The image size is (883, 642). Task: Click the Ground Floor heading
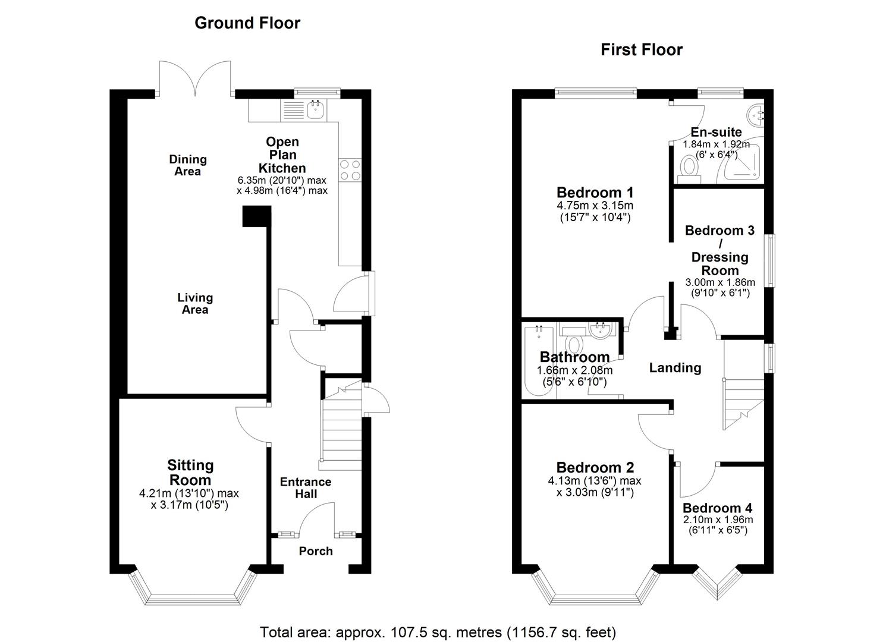pos(247,23)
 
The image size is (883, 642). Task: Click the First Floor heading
pos(641,50)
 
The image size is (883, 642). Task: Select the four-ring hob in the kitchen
pos(349,170)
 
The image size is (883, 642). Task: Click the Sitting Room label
pos(190,473)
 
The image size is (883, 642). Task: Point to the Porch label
pos(316,551)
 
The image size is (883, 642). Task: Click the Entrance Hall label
pos(306,487)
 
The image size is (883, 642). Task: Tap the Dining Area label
pos(188,165)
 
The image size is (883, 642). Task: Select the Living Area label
pos(194,303)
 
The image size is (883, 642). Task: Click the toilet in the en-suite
pos(689,167)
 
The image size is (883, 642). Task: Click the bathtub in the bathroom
pos(538,363)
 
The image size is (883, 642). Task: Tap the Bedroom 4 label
pos(717,508)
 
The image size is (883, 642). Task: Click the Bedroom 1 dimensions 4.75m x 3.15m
pos(595,206)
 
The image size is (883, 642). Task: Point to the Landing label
pos(675,368)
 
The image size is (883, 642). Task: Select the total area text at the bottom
pos(438,632)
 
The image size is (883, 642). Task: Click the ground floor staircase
pos(342,422)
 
